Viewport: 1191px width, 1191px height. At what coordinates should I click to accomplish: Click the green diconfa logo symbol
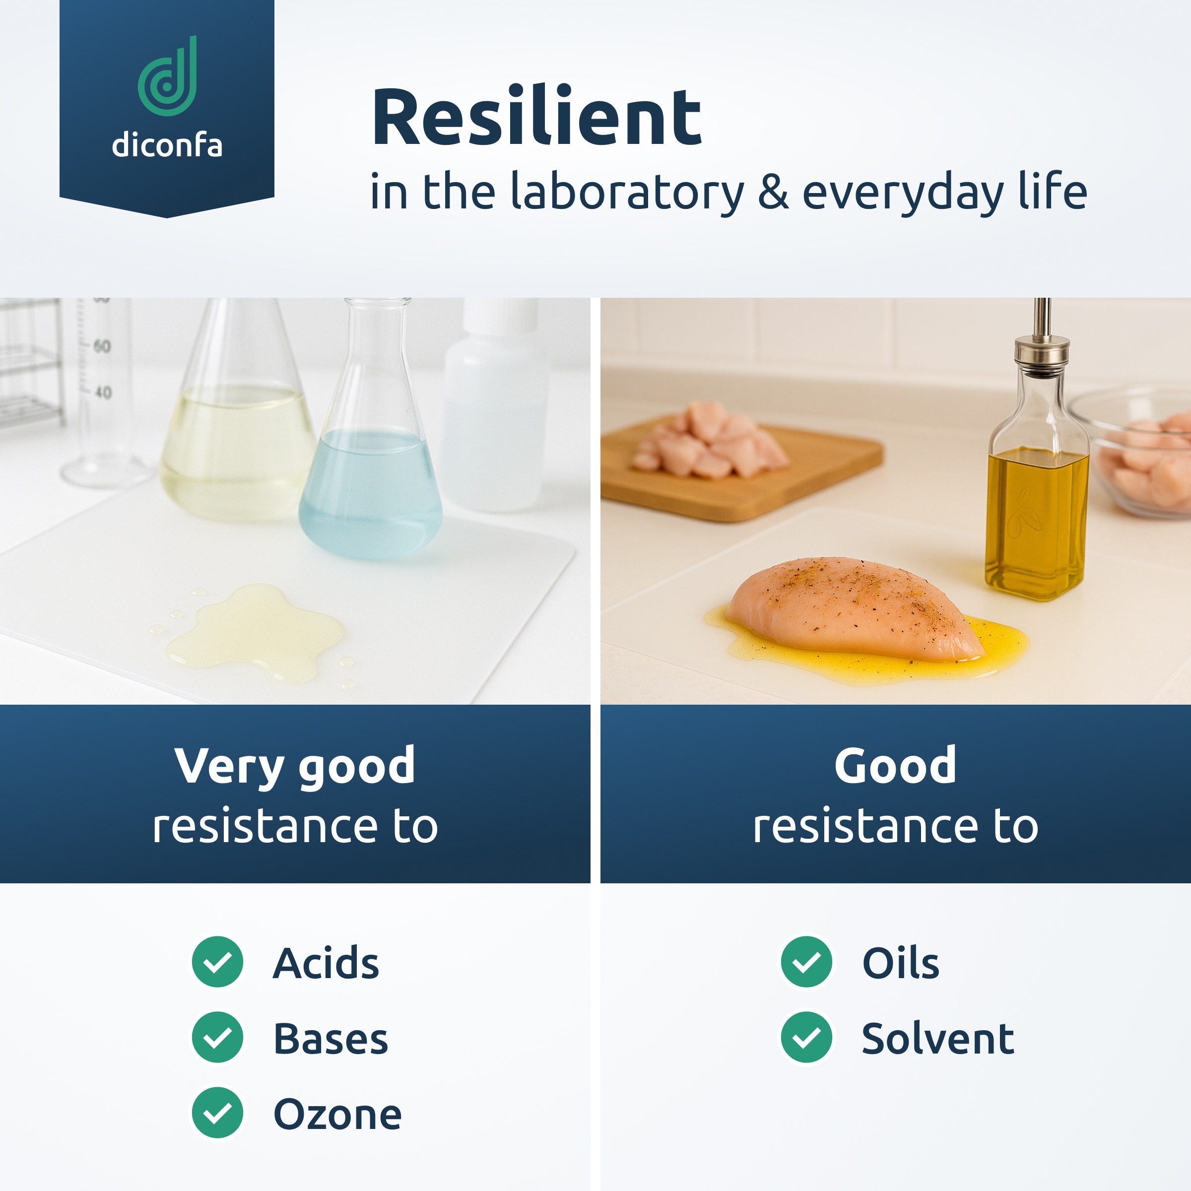click(x=168, y=76)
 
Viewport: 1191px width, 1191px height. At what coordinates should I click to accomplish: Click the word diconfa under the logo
click(x=167, y=145)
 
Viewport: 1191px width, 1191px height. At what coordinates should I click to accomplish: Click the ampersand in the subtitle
click(x=773, y=192)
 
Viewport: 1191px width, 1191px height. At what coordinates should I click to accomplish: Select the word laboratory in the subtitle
click(x=628, y=193)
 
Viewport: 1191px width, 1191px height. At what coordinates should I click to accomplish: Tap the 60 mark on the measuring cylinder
click(x=102, y=346)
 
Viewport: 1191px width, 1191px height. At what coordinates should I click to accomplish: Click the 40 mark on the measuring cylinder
click(x=103, y=392)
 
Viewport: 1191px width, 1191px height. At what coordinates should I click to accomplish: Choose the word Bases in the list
click(x=331, y=1038)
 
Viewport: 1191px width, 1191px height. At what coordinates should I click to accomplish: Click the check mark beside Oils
click(x=806, y=962)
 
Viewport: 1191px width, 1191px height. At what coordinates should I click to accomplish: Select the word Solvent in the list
click(x=937, y=1038)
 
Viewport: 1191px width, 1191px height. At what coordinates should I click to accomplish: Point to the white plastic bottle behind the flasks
click(x=497, y=407)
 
